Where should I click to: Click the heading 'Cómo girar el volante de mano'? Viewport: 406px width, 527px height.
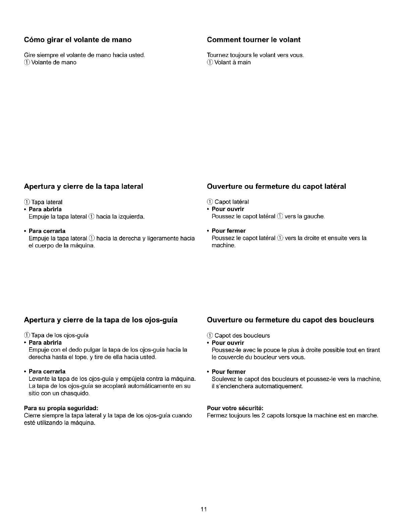(x=78, y=40)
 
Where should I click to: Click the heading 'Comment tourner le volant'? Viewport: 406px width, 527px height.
(x=254, y=40)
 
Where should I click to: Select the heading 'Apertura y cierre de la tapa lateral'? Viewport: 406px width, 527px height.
(x=84, y=186)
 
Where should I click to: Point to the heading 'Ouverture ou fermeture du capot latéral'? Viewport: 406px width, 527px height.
(x=276, y=186)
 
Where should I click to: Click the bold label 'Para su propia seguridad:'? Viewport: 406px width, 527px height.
(x=61, y=408)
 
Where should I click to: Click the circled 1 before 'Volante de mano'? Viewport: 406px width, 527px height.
(x=27, y=62)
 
